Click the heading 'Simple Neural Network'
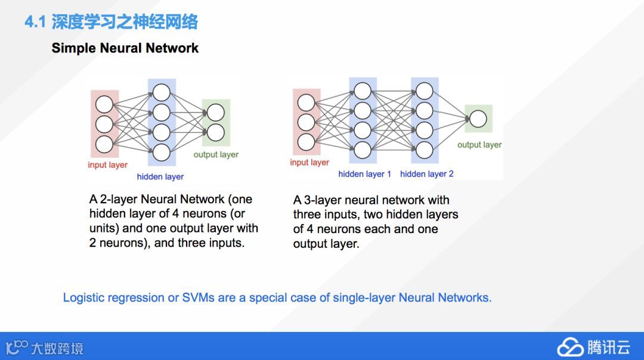click(125, 48)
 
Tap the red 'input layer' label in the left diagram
click(107, 165)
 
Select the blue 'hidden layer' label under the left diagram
click(160, 176)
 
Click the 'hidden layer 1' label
click(365, 174)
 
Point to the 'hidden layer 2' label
click(427, 174)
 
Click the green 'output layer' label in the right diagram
click(479, 145)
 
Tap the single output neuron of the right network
click(478, 119)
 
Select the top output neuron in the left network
click(215, 113)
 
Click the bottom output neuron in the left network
click(215, 132)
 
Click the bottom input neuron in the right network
click(306, 142)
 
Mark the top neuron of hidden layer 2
click(425, 91)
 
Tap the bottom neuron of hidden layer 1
click(363, 149)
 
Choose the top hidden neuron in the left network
click(161, 92)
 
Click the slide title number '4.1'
click(35, 23)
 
